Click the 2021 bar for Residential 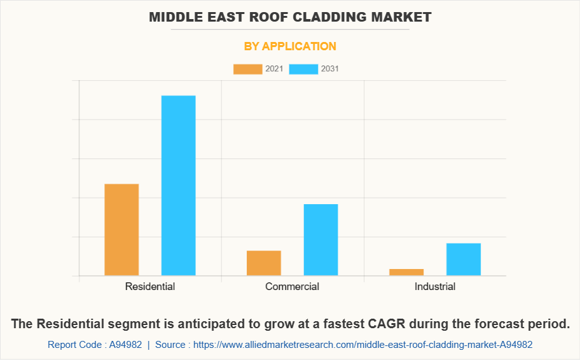click(121, 230)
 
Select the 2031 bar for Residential click(178, 185)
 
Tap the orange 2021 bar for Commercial click(264, 263)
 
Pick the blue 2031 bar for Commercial click(321, 240)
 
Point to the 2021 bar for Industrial click(406, 272)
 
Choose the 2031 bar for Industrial click(463, 260)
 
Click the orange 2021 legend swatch click(247, 69)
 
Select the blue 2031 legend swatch click(303, 69)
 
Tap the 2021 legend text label click(274, 69)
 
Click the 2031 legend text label click(330, 69)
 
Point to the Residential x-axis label click(150, 286)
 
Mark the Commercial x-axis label click(292, 286)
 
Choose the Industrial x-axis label click(435, 286)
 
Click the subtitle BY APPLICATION click(290, 46)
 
